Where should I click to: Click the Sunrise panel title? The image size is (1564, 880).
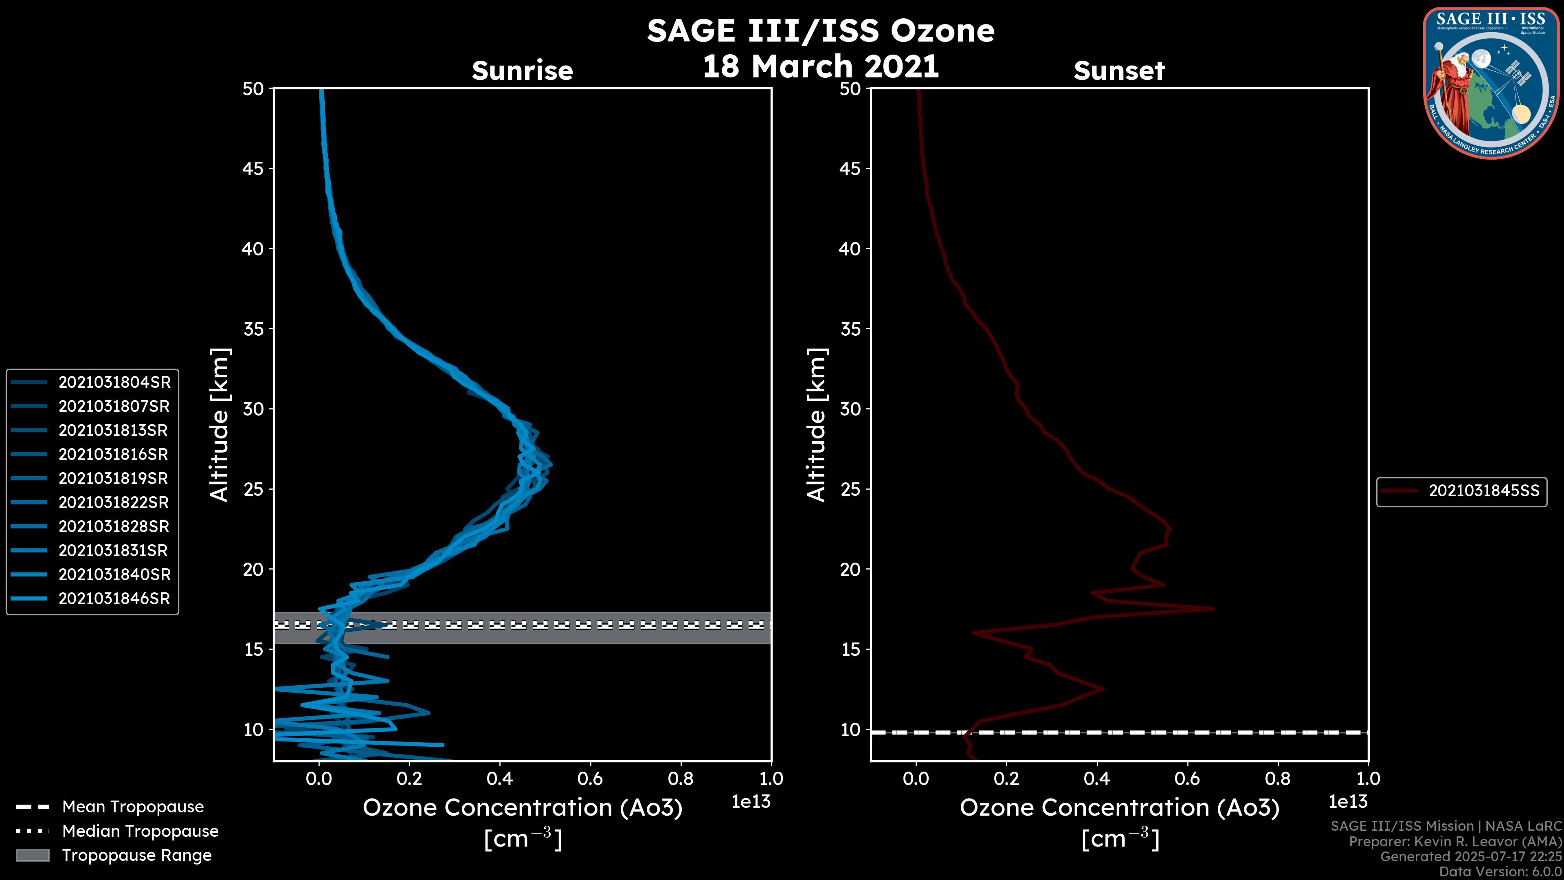pos(522,70)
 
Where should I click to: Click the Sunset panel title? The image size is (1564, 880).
pos(1119,70)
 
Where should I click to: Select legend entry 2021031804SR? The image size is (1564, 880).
pos(114,382)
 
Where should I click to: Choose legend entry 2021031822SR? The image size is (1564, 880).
pos(114,502)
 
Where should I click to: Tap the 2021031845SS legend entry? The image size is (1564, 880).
pos(1483,491)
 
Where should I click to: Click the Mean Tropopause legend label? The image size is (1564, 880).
pos(133,807)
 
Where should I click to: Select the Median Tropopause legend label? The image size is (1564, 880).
pos(140,831)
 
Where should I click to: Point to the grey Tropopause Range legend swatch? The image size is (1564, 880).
pos(32,855)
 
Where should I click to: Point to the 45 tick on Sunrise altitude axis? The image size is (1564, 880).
pos(253,168)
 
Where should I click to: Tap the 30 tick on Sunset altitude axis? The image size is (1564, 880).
pos(850,409)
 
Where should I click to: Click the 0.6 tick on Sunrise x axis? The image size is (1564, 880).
pos(590,778)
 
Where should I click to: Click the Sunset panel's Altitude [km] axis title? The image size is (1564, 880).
pos(817,425)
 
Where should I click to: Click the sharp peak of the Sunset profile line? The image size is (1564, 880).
pos(1213,609)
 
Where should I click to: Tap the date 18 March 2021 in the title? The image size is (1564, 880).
pos(820,66)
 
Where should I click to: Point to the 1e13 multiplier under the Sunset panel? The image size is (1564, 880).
pos(1348,802)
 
